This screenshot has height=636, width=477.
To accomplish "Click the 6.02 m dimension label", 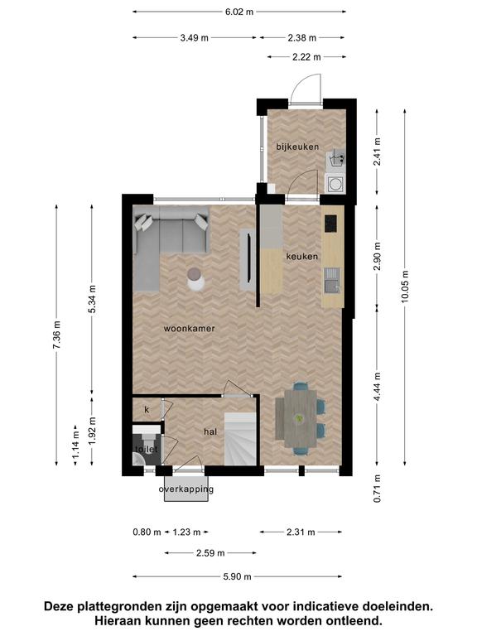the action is pos(239,12).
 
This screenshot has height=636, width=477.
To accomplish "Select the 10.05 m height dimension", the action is pos(405,287).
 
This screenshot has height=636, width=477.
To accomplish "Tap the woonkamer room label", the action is pos(189,329).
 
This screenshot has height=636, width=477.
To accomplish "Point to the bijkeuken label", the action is pos(298,147).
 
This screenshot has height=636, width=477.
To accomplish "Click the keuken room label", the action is pos(301,257).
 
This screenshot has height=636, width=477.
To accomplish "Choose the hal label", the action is pos(210,432).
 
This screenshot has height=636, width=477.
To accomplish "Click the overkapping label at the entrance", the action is pos(186,489).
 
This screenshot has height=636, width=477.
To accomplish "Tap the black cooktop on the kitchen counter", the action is pos(330,224).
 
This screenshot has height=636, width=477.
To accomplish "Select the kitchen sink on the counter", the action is pos(332,280).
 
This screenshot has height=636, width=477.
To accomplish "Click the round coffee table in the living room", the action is pos(196,279).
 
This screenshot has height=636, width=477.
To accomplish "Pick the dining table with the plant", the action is pos(300,417).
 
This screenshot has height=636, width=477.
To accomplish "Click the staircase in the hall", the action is pos(240,439).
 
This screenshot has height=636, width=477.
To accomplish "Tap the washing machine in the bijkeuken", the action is pos(335,184).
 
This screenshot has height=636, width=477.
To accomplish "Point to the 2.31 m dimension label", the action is pos(301,532).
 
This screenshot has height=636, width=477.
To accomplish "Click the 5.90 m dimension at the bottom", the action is pos(238,576).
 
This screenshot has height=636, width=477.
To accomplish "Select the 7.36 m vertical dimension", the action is pos(57,335).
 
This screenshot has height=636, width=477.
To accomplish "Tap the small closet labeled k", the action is pos(147,410).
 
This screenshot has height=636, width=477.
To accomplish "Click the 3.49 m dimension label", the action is pos(195,38).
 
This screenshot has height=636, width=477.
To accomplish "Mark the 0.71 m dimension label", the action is pos(378,489).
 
